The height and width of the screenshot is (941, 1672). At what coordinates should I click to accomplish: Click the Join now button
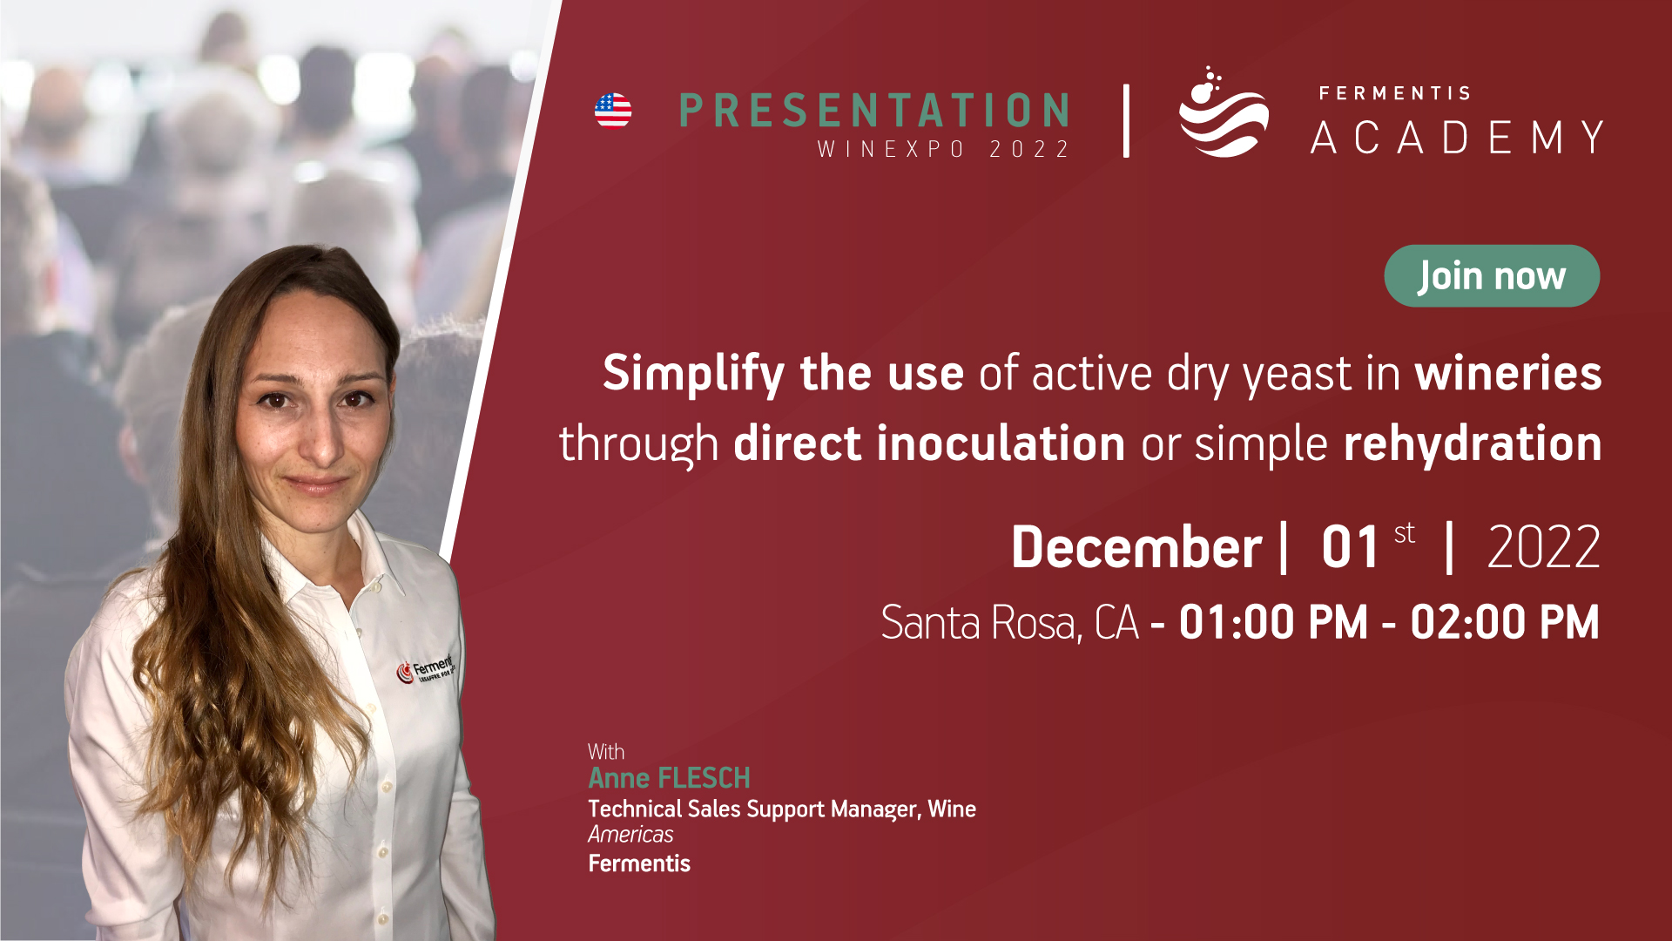[x=1492, y=276]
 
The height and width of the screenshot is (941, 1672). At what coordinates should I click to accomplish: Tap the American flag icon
[x=613, y=111]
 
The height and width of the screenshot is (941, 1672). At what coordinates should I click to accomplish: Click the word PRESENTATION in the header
[x=874, y=111]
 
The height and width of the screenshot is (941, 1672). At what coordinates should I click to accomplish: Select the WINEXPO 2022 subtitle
[x=943, y=150]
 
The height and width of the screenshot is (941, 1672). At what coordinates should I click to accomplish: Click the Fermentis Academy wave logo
[x=1223, y=112]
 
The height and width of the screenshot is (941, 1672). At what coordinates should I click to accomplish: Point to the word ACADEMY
[x=1457, y=138]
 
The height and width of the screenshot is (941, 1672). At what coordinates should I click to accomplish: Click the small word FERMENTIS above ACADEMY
[x=1394, y=93]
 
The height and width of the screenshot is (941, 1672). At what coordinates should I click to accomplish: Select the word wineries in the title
[x=1508, y=373]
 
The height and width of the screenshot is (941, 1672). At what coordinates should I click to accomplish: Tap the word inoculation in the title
[x=1001, y=443]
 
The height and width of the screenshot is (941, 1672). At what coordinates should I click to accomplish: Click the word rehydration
[x=1473, y=444]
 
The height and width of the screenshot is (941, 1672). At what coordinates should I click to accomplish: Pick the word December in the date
[x=1136, y=547]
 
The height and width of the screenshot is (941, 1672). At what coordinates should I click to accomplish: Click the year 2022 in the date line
[x=1544, y=548]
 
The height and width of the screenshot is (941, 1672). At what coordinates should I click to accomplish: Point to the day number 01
[x=1350, y=548]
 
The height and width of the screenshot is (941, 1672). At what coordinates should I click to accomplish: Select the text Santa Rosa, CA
[x=1010, y=623]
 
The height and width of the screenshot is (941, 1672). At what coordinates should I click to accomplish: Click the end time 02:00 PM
[x=1505, y=623]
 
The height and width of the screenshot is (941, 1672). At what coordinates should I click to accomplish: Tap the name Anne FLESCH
[x=669, y=778]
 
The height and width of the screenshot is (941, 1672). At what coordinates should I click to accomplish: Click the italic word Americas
[x=630, y=835]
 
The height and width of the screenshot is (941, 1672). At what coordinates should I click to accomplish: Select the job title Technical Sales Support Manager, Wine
[x=782, y=809]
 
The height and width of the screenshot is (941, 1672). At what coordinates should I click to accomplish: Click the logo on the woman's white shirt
[x=426, y=669]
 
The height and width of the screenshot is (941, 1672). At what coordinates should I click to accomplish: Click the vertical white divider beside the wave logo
[x=1127, y=121]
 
